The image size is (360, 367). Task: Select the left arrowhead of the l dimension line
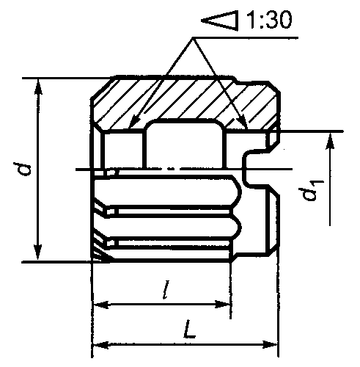click(100, 304)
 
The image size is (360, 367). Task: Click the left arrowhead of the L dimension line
click(100, 344)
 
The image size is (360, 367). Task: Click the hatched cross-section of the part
click(183, 99)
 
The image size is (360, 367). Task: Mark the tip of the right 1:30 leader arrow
click(244, 126)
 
